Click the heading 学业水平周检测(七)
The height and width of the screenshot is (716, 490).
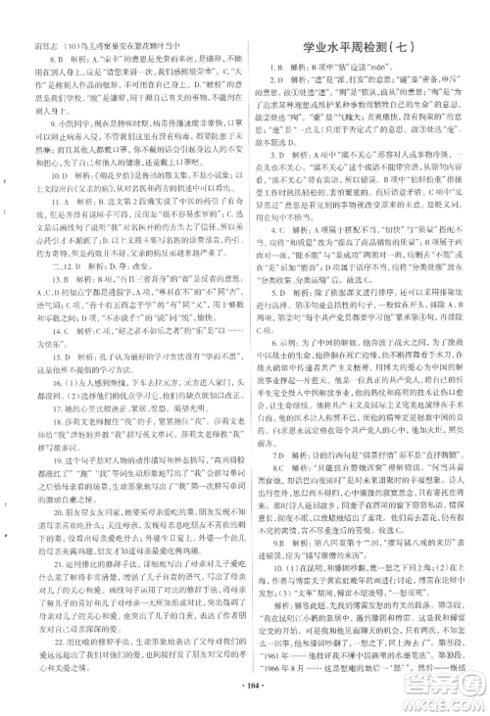364,46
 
